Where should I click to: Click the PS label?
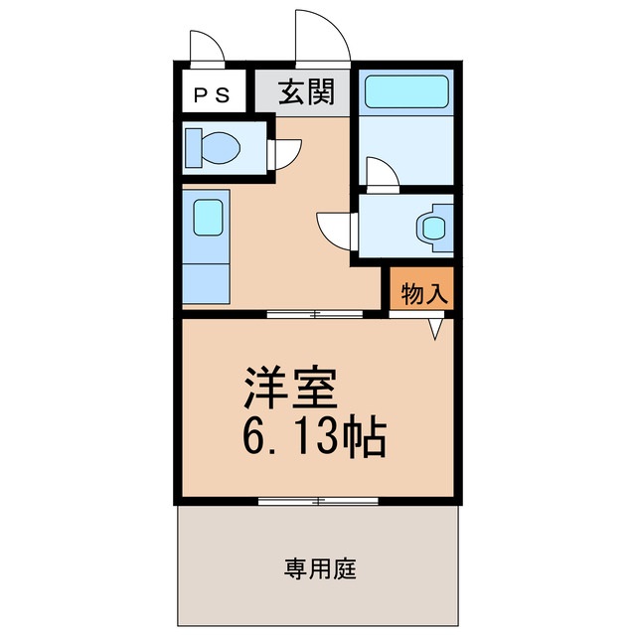212,95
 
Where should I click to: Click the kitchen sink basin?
208,218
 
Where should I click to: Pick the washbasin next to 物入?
433,227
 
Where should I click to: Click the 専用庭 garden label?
320,569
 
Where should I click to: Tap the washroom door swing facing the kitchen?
336,231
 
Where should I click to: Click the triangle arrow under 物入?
435,329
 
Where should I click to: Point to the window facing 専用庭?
318,500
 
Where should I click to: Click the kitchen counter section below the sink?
206,273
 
